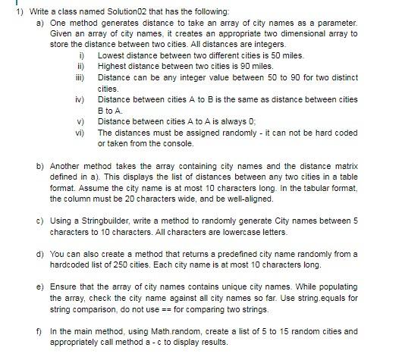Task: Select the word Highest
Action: click(x=113, y=67)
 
